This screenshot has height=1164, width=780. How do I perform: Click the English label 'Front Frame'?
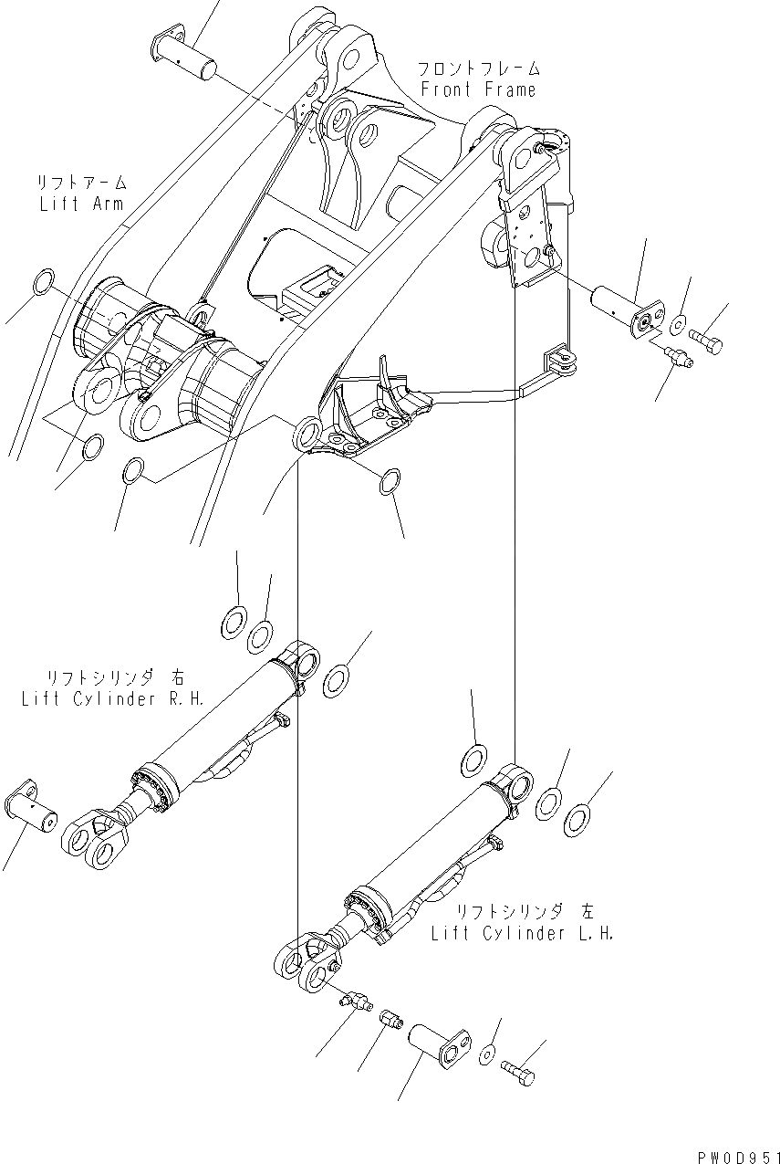477,89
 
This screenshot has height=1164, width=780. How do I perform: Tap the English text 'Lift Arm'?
81,203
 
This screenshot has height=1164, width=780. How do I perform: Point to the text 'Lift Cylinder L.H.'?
523,933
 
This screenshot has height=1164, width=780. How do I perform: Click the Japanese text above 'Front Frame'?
478,69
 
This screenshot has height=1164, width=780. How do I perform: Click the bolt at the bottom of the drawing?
517,1071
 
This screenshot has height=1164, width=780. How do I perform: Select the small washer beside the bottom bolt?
488,1054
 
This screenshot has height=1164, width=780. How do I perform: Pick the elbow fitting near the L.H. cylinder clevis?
352,1000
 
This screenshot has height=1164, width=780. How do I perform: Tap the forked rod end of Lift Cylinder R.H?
95,840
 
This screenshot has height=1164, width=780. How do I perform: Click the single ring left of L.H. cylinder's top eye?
473,760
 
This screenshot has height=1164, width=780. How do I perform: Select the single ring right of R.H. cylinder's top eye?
336,680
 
